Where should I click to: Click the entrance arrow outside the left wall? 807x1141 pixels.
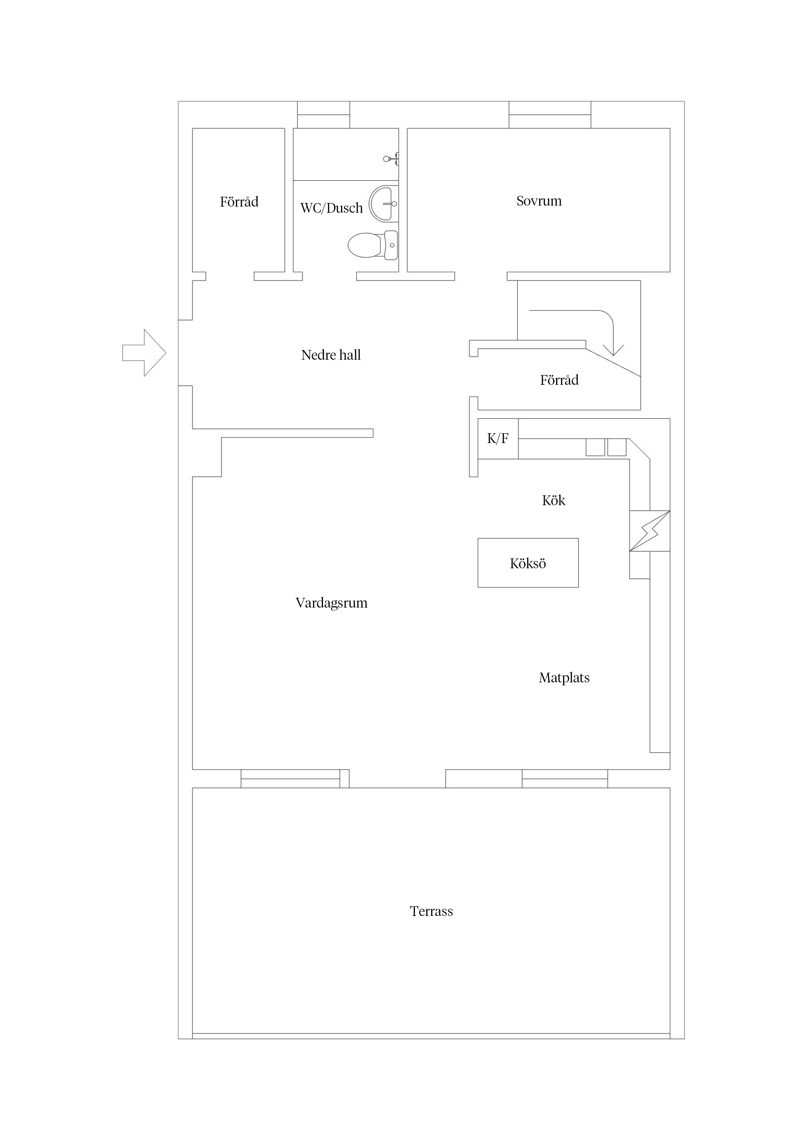coord(144,353)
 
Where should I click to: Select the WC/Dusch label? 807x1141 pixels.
coord(332,208)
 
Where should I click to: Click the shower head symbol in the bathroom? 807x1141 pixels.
coord(391,159)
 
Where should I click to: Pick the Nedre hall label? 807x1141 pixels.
coord(331,355)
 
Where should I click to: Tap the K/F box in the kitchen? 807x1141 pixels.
coord(498,438)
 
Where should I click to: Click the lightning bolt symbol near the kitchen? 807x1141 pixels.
coord(650,531)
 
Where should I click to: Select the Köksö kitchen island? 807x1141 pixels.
coord(528,563)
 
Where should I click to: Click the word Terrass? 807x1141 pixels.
coord(431,911)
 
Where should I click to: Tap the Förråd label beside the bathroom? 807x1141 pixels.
coord(239,201)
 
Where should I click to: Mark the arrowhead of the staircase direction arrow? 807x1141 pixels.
coord(614,350)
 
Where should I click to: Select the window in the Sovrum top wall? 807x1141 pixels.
coord(550,115)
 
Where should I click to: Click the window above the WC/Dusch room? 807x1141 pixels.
coord(324,115)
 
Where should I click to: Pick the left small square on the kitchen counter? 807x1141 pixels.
coord(595,447)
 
